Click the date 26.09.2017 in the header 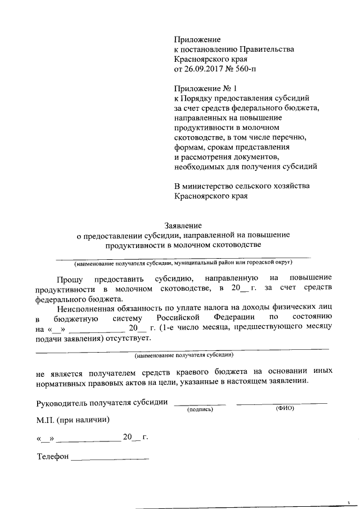(x=204, y=69)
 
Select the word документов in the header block (x=251, y=156)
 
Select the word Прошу (x=70, y=278)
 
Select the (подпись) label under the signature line (x=200, y=409)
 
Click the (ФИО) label (x=284, y=409)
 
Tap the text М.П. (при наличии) (x=72, y=420)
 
